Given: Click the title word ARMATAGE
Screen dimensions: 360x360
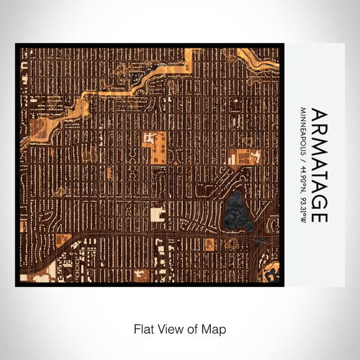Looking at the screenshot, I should (319, 165).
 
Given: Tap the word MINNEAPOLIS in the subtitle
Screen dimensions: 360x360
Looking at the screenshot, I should (303, 134).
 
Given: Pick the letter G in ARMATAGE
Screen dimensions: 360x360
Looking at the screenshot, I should (319, 199).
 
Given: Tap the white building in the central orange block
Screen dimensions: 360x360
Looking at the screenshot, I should (149, 136).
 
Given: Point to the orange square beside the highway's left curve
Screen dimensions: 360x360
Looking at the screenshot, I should (63, 240).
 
